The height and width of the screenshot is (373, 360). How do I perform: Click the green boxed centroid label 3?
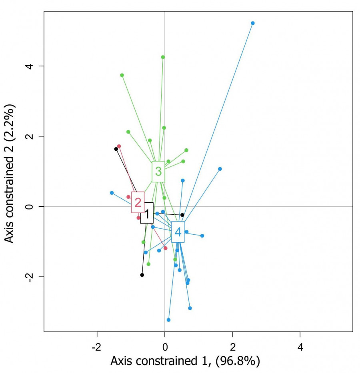pos(158,172)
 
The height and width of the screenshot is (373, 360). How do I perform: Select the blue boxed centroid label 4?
pos(178,232)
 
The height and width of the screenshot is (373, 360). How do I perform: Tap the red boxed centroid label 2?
pos(138,203)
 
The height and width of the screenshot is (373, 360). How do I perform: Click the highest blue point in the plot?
pos(252,23)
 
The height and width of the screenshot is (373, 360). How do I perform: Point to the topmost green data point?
pos(163,57)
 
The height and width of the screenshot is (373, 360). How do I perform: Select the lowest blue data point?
pos(168,320)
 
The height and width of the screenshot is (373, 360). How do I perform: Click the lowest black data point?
pos(142,275)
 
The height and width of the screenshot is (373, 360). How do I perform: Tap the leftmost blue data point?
pos(112,193)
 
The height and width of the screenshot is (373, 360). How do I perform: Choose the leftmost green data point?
pos(122,75)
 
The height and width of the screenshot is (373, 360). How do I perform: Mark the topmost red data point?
pos(119,146)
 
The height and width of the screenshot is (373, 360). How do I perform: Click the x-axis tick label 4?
pos(300,346)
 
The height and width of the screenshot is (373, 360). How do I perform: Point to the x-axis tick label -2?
pos(97,346)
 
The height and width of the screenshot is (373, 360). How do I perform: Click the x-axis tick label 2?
pos(232,346)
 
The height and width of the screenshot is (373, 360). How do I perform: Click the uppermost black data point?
pos(116,149)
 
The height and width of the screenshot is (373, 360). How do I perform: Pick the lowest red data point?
pos(165,248)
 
